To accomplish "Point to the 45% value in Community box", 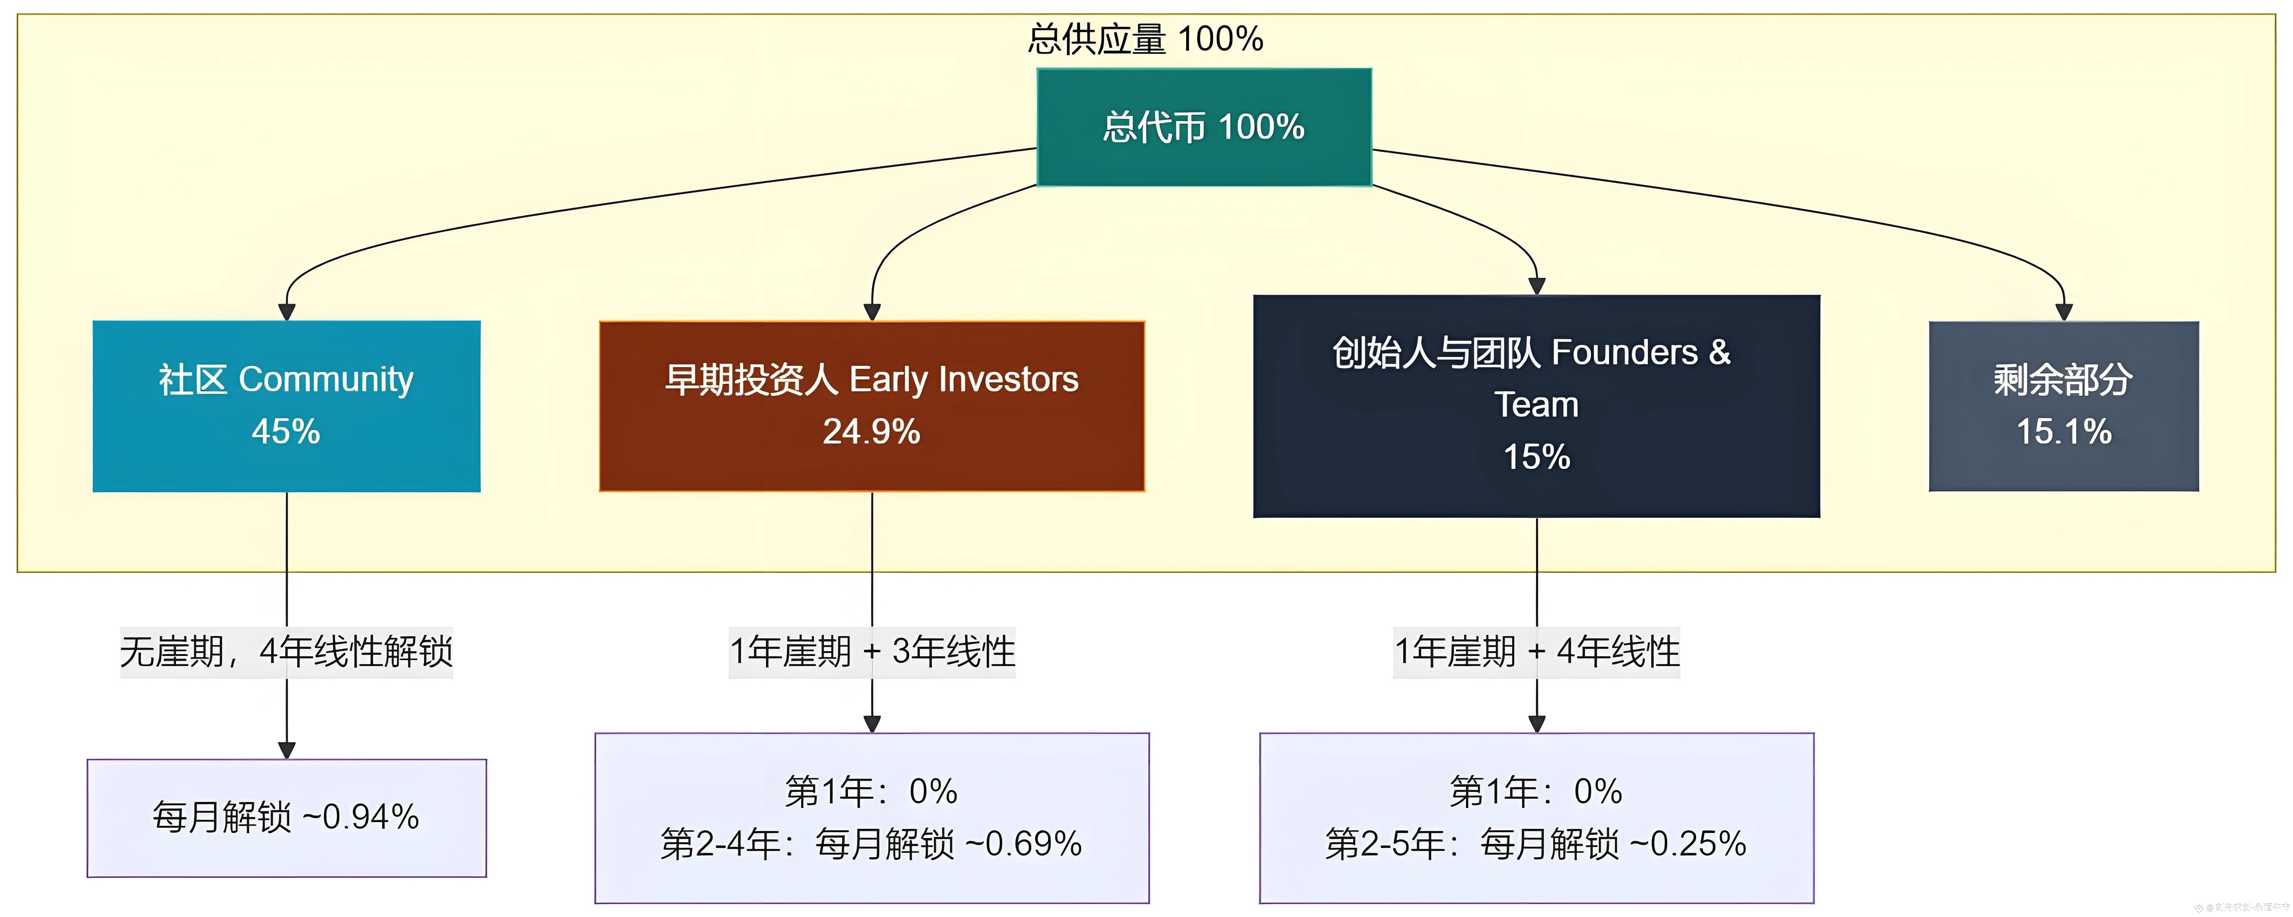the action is point(286,432).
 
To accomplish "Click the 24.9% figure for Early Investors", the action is point(871,432).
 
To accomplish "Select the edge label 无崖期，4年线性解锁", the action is point(287,652).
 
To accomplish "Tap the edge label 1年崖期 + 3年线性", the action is point(871,652).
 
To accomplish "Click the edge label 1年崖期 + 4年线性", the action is point(1537,652).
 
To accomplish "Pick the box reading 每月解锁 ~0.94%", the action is point(286,817).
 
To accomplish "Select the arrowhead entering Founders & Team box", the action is point(1537,286).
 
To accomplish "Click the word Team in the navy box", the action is point(1537,405).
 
